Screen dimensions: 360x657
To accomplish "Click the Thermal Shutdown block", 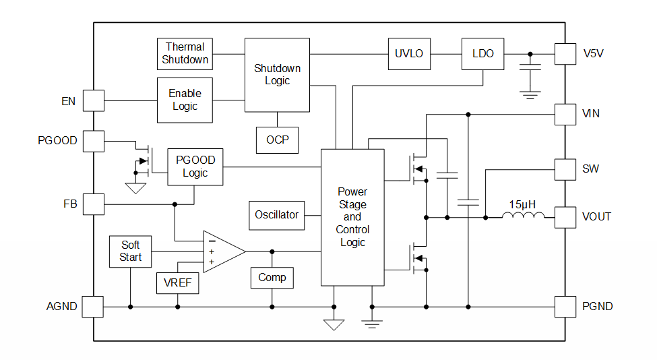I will click(x=185, y=53).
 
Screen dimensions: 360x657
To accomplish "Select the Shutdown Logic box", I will click(x=277, y=75).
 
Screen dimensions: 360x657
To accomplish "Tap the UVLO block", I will click(x=409, y=54).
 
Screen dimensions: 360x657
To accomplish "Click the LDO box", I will click(x=482, y=54).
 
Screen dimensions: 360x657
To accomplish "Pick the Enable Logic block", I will click(x=185, y=100).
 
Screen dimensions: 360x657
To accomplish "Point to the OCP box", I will click(x=277, y=140).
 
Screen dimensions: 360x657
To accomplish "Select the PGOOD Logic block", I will click(x=195, y=167).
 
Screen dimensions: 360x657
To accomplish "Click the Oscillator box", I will click(x=276, y=215).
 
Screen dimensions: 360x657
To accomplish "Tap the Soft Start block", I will click(x=131, y=251).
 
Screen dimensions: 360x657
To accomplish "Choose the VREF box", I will click(x=178, y=283).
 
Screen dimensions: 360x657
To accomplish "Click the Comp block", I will click(x=272, y=277).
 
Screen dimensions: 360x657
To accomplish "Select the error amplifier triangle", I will click(x=221, y=251).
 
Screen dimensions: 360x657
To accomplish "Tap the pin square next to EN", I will click(x=93, y=101).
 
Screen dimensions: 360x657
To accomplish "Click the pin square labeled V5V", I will click(x=565, y=54).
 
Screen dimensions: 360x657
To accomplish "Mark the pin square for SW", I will click(x=565, y=169).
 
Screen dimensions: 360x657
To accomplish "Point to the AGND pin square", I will click(x=93, y=307).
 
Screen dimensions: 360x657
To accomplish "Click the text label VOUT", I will click(x=597, y=217).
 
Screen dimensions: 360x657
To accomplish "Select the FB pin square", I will click(x=93, y=204).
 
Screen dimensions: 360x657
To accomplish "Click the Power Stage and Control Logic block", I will click(x=352, y=217).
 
